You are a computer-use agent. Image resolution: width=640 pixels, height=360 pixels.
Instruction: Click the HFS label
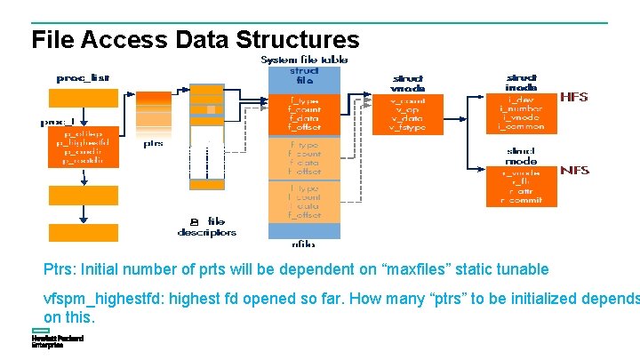tap(573, 97)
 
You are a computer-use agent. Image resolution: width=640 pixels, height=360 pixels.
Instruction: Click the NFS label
tap(573, 170)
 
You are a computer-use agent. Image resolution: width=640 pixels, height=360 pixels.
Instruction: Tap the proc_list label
tap(83, 77)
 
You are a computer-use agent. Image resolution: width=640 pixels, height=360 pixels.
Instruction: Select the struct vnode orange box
tap(408, 115)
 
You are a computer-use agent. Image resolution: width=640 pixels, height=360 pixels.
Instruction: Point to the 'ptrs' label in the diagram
tap(153, 143)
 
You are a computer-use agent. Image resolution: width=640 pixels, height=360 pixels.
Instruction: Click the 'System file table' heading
tap(304, 60)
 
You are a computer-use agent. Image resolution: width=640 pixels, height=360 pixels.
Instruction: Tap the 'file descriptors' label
tap(207, 227)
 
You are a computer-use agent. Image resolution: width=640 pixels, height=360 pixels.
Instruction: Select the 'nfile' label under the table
tap(303, 243)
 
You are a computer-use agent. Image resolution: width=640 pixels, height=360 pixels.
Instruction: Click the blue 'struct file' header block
tap(303, 78)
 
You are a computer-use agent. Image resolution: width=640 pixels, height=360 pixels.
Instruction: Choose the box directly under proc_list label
tap(83, 97)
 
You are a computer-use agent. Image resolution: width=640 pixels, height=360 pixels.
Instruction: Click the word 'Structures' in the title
tap(297, 40)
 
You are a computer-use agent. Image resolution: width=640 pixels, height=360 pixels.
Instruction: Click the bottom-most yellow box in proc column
tap(83, 232)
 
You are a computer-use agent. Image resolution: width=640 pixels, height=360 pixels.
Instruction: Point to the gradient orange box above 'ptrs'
tap(153, 113)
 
